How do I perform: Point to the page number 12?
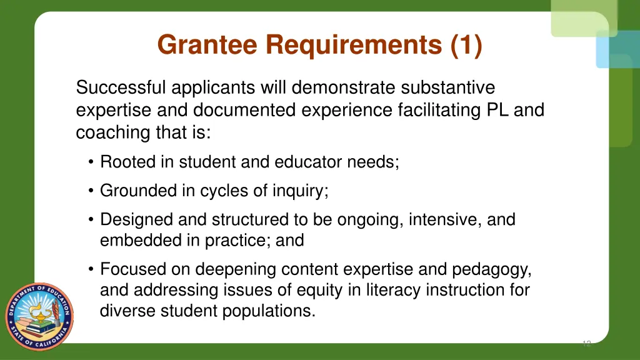coord(586,343)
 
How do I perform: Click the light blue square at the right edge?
coord(617,49)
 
